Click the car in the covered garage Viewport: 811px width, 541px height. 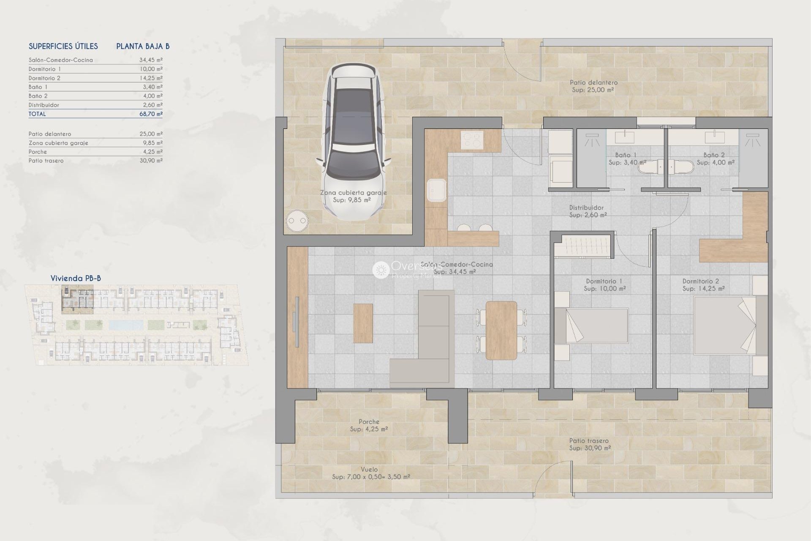[x=354, y=142]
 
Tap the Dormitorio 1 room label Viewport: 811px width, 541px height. [x=604, y=281]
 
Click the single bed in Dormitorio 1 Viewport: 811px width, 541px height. [x=591, y=325]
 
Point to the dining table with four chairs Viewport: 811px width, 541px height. [x=501, y=330]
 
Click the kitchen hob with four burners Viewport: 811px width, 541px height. [x=472, y=140]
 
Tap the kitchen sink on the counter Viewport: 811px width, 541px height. [x=436, y=191]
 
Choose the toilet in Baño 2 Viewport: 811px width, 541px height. [x=682, y=167]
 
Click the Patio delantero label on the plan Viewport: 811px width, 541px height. [x=593, y=83]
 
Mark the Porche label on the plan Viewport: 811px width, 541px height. [x=369, y=422]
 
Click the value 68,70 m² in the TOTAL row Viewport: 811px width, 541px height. [x=151, y=114]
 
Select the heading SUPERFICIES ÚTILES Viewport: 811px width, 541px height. [x=63, y=46]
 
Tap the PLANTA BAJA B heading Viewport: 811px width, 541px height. [x=143, y=46]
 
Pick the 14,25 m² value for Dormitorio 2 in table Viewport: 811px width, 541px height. [x=151, y=78]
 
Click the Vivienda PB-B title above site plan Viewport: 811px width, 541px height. [x=76, y=278]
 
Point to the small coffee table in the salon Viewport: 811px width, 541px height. [x=363, y=323]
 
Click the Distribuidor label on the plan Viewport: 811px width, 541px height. [x=586, y=208]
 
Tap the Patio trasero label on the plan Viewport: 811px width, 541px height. [x=589, y=441]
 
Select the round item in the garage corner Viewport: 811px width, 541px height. [x=297, y=220]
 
